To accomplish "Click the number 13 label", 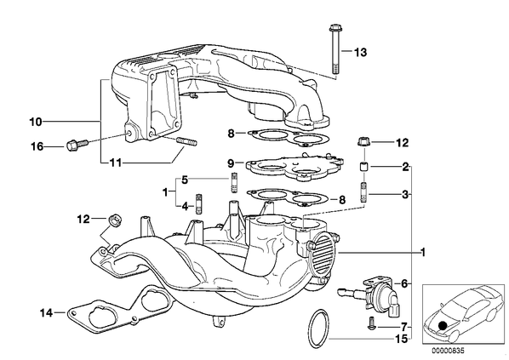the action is click(360, 52).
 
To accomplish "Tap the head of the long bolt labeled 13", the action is click(335, 28).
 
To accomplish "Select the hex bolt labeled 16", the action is click(77, 145).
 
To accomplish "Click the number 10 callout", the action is click(36, 122).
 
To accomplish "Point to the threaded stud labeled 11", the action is click(186, 142).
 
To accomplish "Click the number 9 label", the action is click(231, 163).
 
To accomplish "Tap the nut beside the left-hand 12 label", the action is click(114, 220).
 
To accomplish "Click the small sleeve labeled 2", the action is click(364, 167).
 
